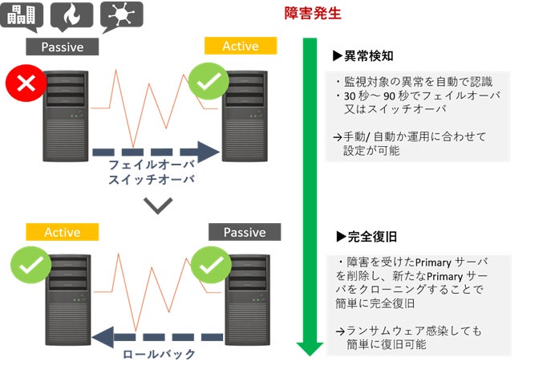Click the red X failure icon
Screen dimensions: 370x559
pyautogui.click(x=22, y=83)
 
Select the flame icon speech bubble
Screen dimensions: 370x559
pyautogui.click(x=71, y=14)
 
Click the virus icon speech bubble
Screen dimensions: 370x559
pyautogui.click(x=122, y=14)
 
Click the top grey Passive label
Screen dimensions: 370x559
pyautogui.click(x=62, y=47)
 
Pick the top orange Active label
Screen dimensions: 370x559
pyautogui.click(x=240, y=46)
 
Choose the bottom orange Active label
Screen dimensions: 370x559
pyautogui.click(x=62, y=232)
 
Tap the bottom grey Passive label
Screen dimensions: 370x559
pyautogui.click(x=245, y=232)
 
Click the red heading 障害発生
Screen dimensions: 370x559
pyautogui.click(x=313, y=13)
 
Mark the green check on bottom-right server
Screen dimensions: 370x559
pyautogui.click(x=209, y=263)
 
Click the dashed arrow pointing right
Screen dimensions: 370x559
pyautogui.click(x=156, y=150)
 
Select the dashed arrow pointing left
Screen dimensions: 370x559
pyautogui.click(x=157, y=336)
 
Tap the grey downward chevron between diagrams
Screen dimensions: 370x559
pyautogui.click(x=160, y=205)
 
